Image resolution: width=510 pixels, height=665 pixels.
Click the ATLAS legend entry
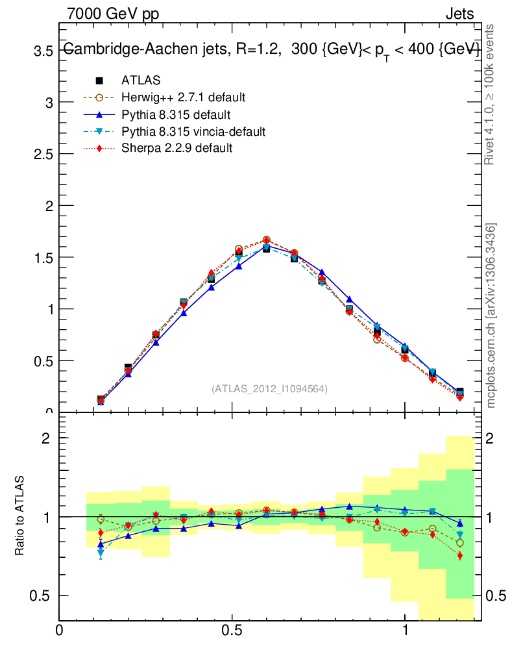[141, 81]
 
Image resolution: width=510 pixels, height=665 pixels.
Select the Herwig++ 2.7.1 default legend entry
[183, 97]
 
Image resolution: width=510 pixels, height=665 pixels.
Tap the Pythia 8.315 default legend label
[176, 115]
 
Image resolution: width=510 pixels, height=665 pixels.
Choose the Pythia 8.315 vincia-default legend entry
[193, 132]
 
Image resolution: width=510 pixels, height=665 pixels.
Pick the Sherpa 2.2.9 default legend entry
[176, 148]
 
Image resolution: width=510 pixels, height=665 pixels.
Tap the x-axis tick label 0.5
[232, 630]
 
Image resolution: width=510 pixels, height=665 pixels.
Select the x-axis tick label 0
[60, 630]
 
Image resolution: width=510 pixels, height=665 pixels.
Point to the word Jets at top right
[459, 14]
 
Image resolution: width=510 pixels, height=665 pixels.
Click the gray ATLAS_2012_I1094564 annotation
[269, 389]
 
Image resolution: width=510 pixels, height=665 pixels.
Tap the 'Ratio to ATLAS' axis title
[19, 517]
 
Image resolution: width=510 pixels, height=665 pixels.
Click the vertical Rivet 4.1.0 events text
[490, 95]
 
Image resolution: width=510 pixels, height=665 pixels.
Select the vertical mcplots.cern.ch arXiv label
[491, 316]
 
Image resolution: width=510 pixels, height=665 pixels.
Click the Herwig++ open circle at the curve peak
[266, 240]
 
